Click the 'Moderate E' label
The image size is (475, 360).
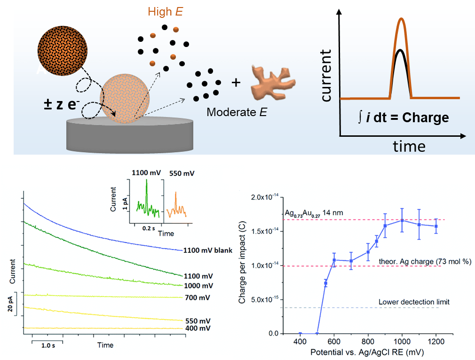pos(237,113)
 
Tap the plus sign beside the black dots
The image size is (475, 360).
pos(236,83)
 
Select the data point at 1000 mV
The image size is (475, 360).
pos(402,220)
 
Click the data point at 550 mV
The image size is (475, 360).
pos(325,283)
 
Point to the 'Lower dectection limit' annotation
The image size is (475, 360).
pos(414,301)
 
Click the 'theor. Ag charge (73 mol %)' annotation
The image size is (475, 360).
pos(412,261)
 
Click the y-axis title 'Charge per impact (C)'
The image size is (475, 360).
pos(243,265)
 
